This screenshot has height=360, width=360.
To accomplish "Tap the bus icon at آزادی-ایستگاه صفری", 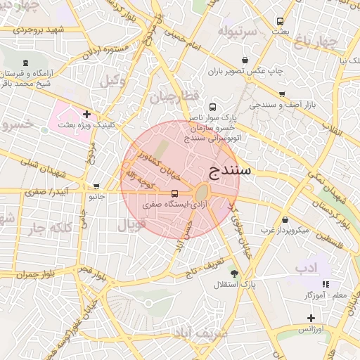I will tap(174, 193).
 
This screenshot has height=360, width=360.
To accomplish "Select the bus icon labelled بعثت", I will tap(281, 21).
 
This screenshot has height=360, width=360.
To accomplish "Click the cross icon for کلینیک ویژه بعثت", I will tap(86, 113).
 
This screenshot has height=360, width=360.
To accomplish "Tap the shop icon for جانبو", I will tap(96, 186).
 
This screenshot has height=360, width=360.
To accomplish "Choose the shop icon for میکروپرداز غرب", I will tap(285, 219).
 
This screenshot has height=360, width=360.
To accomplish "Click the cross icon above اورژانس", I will tap(311, 319).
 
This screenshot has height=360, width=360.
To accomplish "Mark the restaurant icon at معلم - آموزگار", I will tap(325, 284).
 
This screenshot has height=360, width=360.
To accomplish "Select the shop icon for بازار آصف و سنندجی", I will tap(282, 94).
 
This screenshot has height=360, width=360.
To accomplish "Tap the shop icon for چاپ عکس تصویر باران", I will tap(244, 60).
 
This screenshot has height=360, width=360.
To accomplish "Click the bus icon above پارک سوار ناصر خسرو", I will tap(213, 108).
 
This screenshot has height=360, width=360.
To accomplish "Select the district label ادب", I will tap(307, 267).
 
